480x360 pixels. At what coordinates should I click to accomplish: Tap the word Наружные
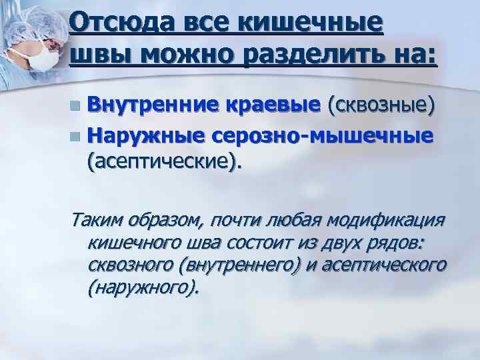(144, 135)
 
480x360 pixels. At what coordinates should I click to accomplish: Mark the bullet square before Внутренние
(77, 105)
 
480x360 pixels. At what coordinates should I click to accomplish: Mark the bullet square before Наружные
(77, 136)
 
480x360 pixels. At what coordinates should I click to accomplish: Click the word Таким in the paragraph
(101, 221)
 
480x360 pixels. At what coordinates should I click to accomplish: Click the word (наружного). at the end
(143, 289)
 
